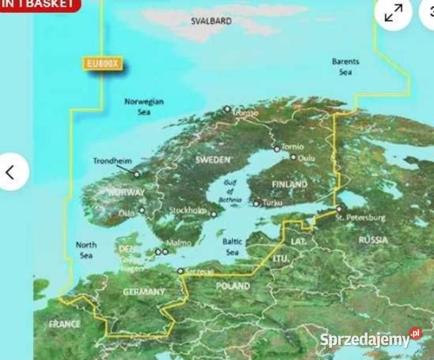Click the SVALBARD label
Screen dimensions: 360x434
211,21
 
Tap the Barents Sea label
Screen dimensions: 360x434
345,66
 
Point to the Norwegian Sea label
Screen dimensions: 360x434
144,107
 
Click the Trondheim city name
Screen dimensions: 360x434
112,161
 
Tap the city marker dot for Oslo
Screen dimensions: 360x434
142,210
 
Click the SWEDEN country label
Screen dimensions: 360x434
213,159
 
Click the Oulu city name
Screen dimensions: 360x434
306,158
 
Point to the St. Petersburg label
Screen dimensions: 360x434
360,216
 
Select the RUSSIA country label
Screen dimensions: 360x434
373,240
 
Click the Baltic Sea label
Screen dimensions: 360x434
232,246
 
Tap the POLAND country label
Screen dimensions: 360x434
234,285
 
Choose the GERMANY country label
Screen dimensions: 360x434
144,292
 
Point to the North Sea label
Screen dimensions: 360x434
86,250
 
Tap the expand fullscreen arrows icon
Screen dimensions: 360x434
394,12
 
